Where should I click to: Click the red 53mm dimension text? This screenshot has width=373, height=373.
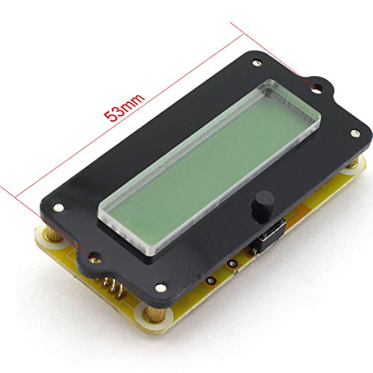pyautogui.click(x=124, y=107)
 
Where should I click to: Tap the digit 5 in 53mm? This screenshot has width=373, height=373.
pyautogui.click(x=110, y=116)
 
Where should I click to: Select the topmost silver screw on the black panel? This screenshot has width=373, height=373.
pyautogui.click(x=257, y=63)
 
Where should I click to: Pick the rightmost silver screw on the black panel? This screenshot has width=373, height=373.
pyautogui.click(x=355, y=134)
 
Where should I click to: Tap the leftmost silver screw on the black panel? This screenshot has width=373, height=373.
pyautogui.click(x=58, y=207)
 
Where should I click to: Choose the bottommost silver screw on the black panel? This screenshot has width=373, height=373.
pyautogui.click(x=160, y=288)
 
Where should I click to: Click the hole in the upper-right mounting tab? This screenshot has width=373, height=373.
pyautogui.click(x=317, y=88)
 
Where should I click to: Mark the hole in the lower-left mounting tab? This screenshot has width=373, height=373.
pyautogui.click(x=95, y=258)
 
